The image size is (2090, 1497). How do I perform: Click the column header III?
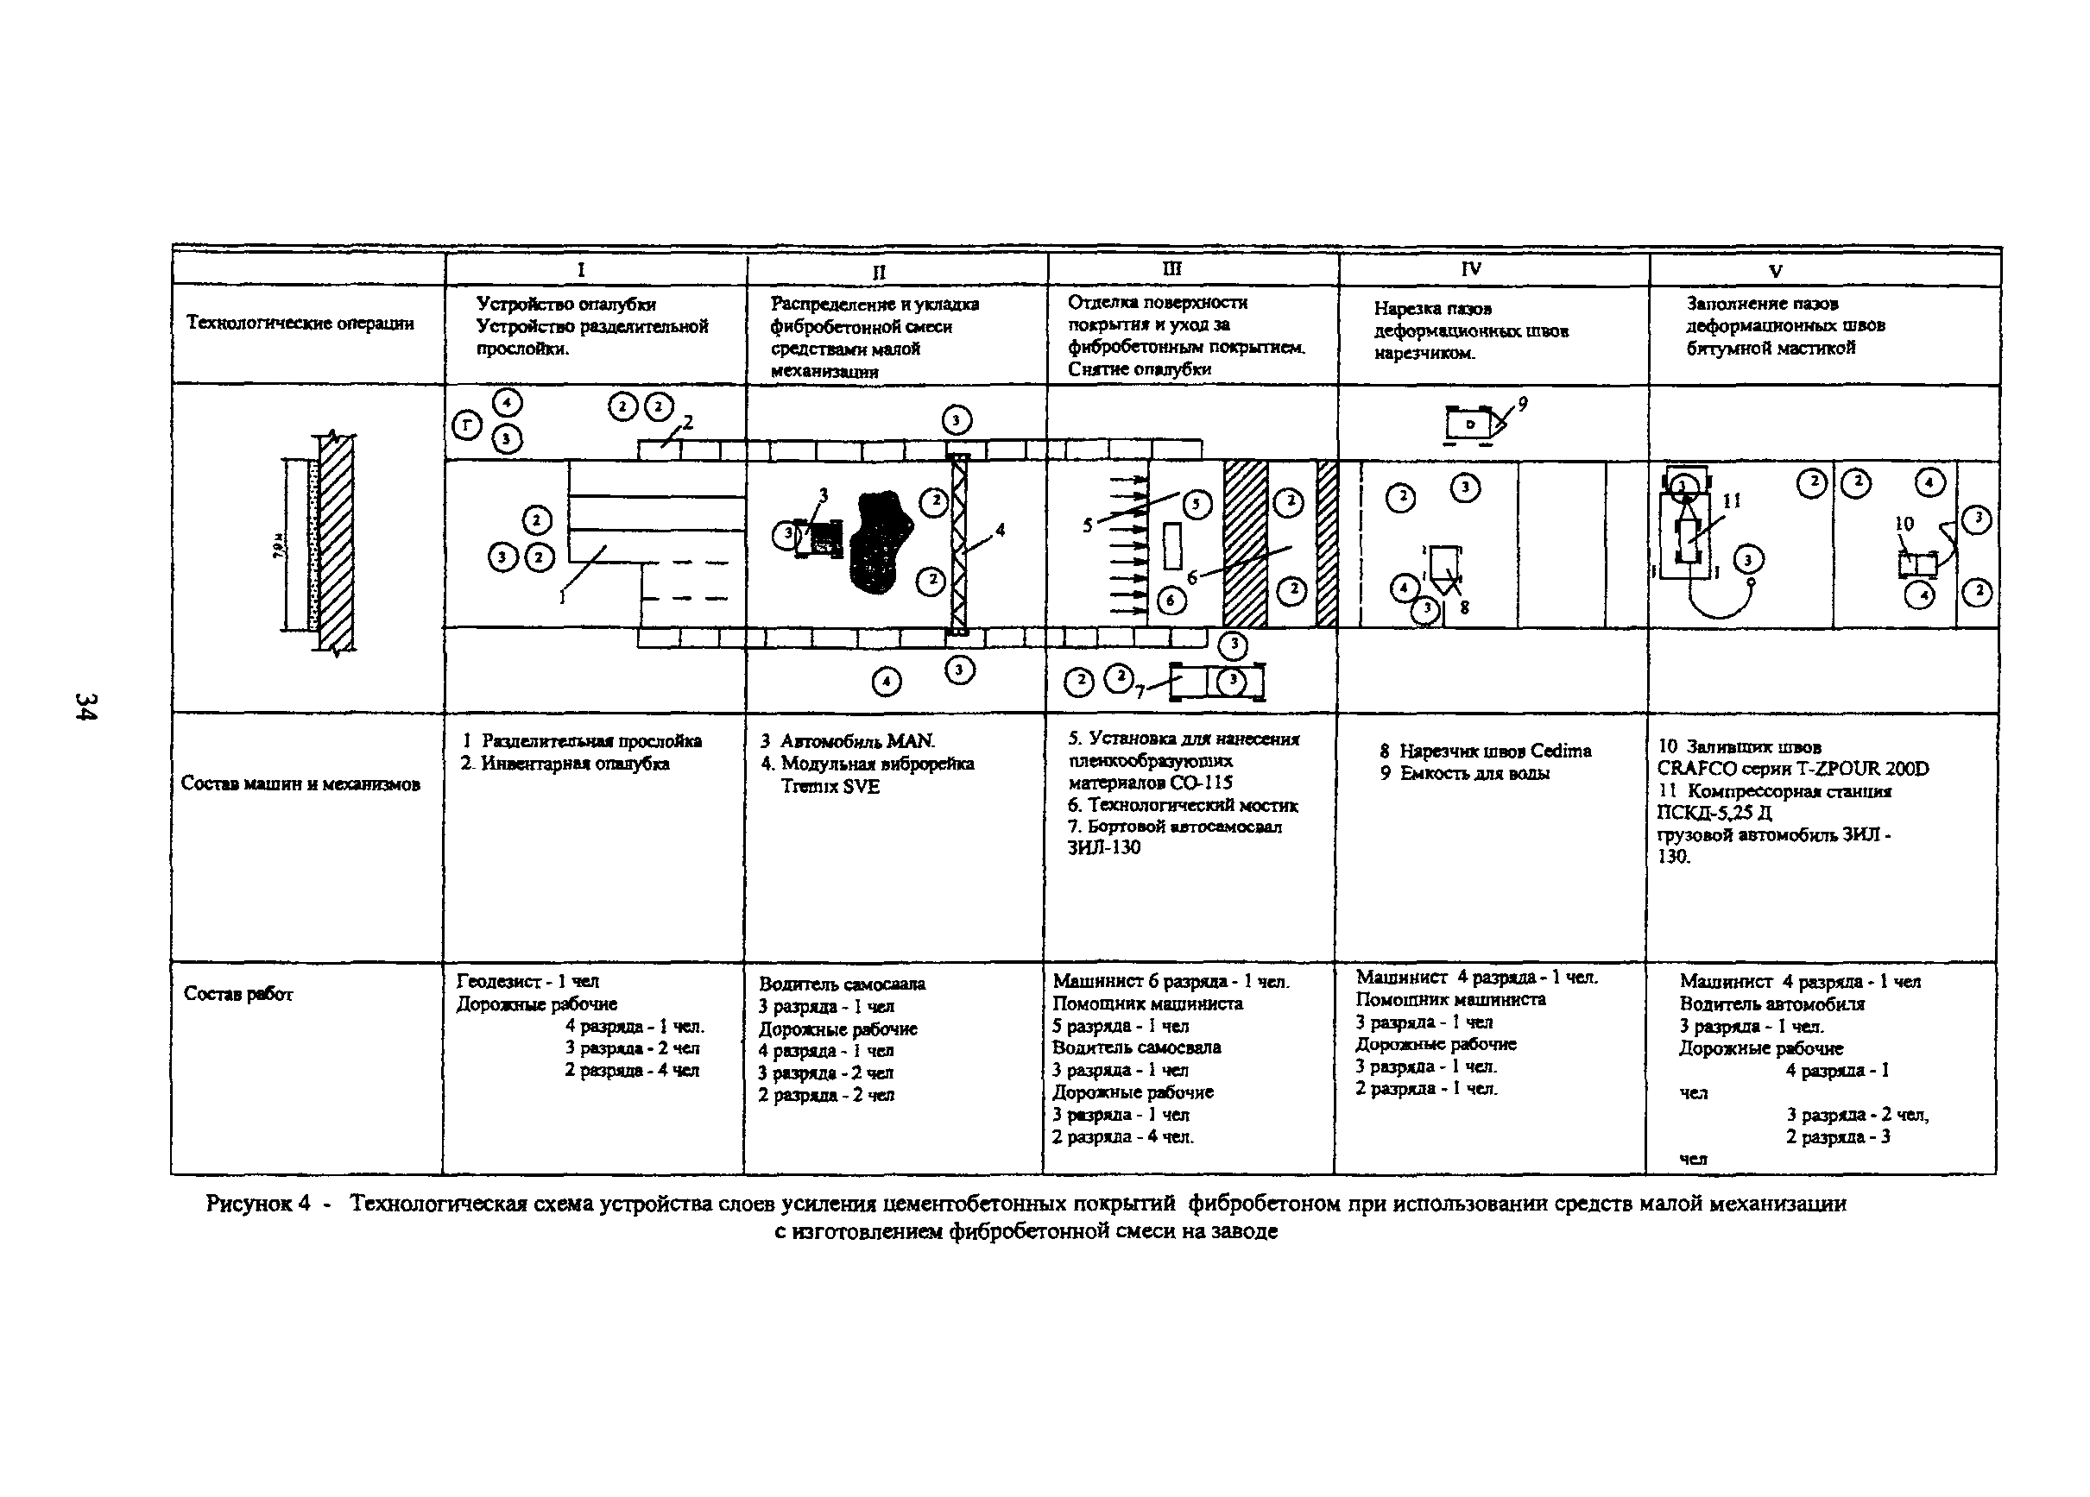[x=1171, y=269]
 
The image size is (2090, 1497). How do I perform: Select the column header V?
[x=1775, y=271]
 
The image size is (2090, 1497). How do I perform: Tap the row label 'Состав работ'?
[x=237, y=993]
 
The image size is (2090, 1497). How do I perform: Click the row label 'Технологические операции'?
[x=300, y=323]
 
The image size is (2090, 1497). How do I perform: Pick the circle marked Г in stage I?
[x=467, y=425]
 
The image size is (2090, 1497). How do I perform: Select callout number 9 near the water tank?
[x=1522, y=404]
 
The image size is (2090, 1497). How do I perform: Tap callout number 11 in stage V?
[x=1732, y=501]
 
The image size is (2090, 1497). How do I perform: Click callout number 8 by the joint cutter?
[x=1464, y=607]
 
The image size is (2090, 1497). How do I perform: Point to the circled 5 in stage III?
[x=1197, y=504]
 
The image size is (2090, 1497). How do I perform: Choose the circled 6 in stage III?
[x=1171, y=601]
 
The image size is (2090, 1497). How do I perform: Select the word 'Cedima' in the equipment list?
[x=1560, y=751]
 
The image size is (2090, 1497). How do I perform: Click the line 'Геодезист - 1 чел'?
[x=527, y=982]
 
